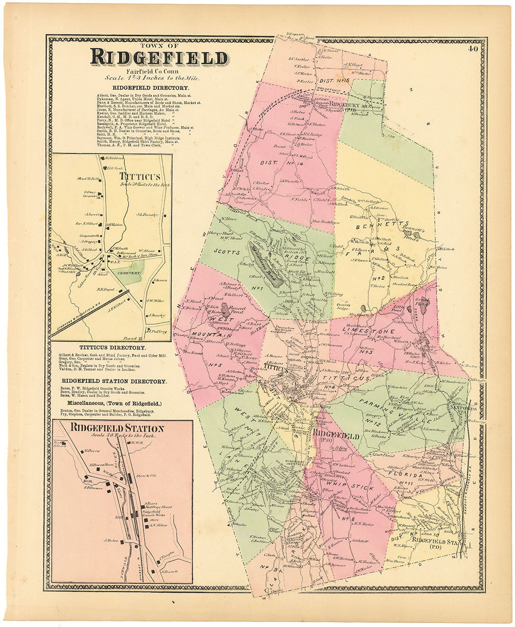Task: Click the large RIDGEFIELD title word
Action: click(159, 57)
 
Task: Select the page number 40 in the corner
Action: click(473, 48)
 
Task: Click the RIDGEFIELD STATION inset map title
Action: click(117, 428)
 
